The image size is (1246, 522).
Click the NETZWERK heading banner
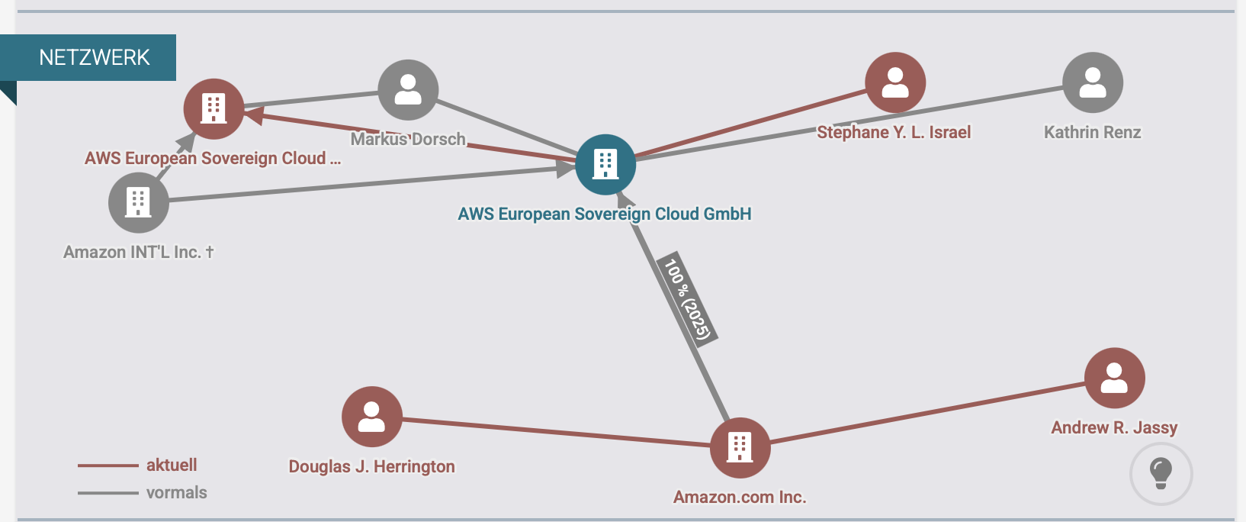95,57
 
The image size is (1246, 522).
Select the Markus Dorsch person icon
408,90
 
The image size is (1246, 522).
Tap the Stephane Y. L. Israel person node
895,82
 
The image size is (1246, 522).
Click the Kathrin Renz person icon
1093,82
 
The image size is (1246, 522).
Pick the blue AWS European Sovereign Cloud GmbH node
605,165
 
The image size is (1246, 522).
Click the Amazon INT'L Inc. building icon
139,203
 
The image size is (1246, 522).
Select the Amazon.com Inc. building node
740,448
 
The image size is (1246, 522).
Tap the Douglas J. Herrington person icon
372,417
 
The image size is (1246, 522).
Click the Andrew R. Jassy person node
1114,379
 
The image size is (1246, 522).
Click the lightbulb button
1161,474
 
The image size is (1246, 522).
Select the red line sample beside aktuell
108,466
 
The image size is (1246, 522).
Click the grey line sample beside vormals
108,493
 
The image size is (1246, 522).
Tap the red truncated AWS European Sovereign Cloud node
214,109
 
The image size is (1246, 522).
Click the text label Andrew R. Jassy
1114,427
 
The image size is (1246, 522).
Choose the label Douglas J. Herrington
371,466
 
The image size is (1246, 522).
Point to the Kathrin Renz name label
1092,132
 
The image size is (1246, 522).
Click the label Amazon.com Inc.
740,497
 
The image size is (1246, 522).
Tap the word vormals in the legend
176,493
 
